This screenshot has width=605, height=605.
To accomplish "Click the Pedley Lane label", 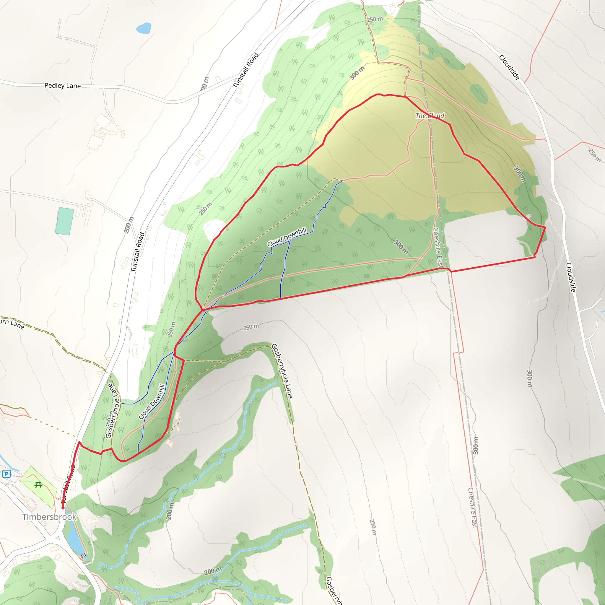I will [62, 85].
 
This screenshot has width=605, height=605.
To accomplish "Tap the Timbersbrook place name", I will [49, 517].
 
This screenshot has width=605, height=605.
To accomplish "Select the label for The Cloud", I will [430, 116].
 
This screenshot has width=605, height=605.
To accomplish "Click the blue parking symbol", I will [6, 474].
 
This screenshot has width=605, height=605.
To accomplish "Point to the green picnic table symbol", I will [38, 485].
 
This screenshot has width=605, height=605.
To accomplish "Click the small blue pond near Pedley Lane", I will [144, 28].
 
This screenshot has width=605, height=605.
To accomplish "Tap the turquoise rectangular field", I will [64, 221].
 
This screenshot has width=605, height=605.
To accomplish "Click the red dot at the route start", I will [63, 508].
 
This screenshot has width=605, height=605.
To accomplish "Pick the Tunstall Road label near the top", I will [245, 70].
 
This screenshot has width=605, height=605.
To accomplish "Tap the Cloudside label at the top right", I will [509, 67].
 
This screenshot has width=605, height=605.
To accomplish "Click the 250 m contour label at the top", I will [375, 19].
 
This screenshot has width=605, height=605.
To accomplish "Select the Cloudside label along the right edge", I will [570, 277].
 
